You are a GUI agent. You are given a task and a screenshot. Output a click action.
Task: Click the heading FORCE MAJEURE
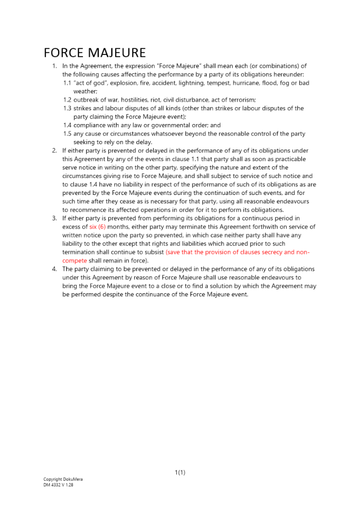tap(95, 53)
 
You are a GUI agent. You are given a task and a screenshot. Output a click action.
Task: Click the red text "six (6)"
tap(97, 227)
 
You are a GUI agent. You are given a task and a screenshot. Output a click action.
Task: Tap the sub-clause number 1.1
tap(67, 83)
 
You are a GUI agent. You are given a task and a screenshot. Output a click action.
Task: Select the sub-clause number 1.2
tap(67, 100)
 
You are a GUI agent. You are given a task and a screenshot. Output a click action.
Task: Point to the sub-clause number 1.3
tap(67, 108)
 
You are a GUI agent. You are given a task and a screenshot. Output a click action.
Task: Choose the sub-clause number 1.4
tap(67, 125)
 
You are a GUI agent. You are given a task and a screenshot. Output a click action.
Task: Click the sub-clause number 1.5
tap(67, 134)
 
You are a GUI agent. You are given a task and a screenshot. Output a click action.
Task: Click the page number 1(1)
tap(180, 473)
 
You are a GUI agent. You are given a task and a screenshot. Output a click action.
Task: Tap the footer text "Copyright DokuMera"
tap(63, 479)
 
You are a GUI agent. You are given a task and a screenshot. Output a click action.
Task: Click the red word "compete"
tap(74, 261)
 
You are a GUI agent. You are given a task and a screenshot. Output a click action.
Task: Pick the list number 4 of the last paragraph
tap(54, 269)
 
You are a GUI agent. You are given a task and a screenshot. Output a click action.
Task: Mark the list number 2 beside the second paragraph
tap(54, 151)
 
